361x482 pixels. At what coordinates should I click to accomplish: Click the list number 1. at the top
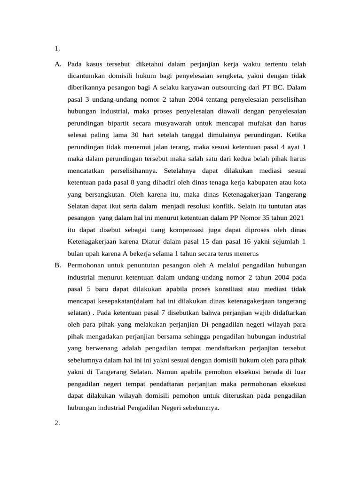[57, 48]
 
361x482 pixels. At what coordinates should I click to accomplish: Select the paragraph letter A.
[58, 63]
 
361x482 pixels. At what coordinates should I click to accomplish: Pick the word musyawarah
[179, 124]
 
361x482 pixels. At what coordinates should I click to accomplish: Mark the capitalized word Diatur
[151, 241]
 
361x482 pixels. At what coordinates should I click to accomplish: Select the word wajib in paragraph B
[259, 313]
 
